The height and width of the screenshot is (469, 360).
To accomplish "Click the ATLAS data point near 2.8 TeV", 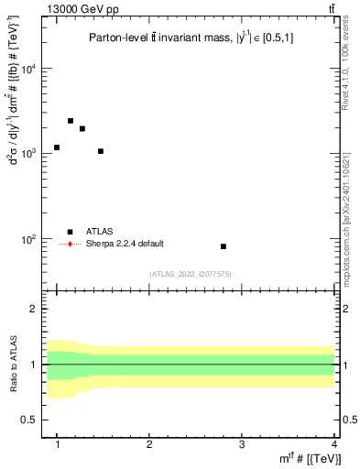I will (x=224, y=246).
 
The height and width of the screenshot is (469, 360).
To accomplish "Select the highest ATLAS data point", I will (x=71, y=121).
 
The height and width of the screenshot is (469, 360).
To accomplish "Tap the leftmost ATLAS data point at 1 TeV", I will (x=57, y=147).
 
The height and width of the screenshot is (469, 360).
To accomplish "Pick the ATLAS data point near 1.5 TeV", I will (x=101, y=151).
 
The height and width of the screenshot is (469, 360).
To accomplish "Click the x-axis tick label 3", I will (x=241, y=443).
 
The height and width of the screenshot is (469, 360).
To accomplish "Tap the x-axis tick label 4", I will (x=333, y=443).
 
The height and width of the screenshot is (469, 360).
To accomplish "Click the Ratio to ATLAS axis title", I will (x=14, y=365).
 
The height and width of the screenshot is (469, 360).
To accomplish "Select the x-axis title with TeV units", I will (x=312, y=458).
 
